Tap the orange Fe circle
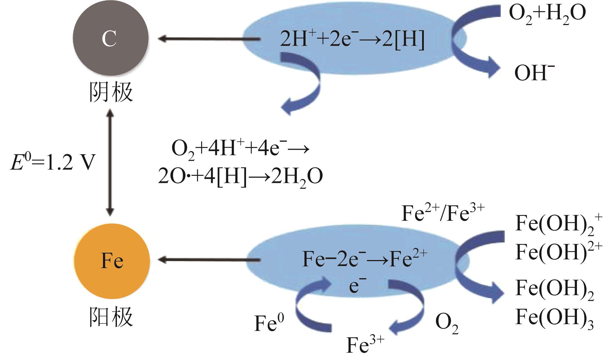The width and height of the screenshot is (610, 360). (112, 261)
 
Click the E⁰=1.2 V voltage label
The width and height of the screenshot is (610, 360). (52, 163)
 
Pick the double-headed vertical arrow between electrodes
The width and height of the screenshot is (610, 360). (110, 162)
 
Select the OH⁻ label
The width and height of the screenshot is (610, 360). (534, 73)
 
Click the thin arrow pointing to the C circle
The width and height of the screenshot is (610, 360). (209, 39)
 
